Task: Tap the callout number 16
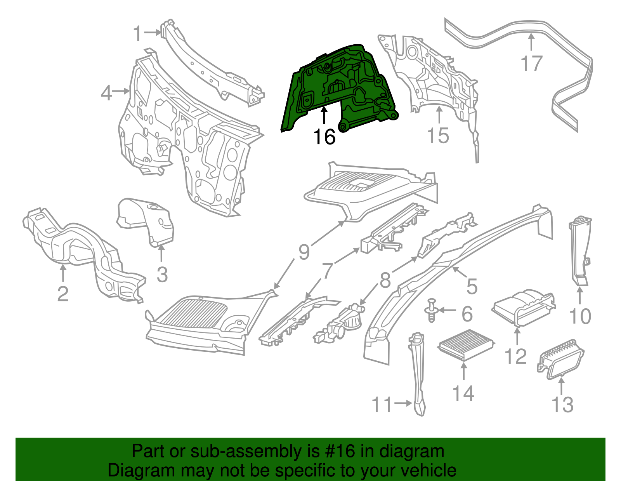pos(324,137)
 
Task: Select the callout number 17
pos(531,63)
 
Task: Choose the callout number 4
pos(107,93)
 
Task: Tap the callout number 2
pos(63,294)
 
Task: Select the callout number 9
pos(304,252)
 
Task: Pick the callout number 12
pos(516,356)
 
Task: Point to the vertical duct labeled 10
pos(580,252)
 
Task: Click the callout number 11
pos(382,404)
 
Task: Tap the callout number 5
pos(472,287)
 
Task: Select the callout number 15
pos(438,136)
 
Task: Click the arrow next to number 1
pos(152,33)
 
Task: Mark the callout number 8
pos(385,280)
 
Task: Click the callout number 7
pos(328,271)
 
